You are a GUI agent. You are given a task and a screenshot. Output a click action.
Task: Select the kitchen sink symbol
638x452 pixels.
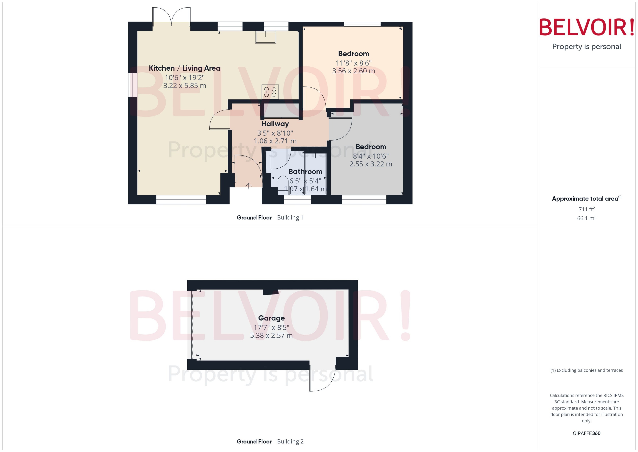265,37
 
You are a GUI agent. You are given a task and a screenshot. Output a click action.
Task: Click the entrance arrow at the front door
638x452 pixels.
248,186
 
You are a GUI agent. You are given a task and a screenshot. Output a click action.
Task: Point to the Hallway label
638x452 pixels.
275,124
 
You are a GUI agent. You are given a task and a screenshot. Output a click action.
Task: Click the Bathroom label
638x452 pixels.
305,172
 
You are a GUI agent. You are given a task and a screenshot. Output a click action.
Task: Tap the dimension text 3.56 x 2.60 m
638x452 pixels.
353,71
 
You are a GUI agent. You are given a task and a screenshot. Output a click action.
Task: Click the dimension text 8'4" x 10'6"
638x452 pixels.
371,156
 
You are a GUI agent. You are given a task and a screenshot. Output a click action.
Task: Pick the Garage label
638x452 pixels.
271,318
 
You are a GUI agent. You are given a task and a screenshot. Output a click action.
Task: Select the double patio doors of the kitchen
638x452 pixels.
171,17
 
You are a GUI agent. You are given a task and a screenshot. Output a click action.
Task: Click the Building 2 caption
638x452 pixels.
290,441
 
